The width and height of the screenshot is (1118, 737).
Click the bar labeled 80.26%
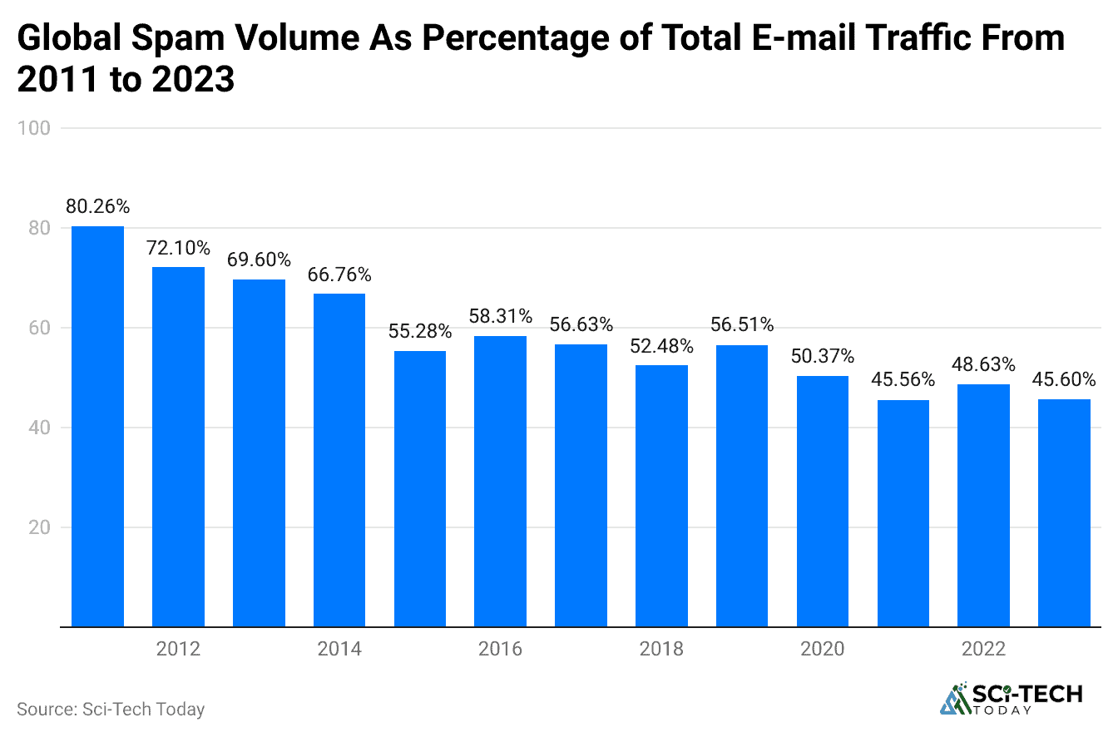(97, 426)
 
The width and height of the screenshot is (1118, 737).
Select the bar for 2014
(339, 459)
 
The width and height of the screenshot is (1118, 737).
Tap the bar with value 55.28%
(420, 488)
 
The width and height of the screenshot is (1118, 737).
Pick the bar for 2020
(823, 501)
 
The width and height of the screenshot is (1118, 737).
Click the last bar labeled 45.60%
(1064, 512)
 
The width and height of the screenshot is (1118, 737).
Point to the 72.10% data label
(178, 248)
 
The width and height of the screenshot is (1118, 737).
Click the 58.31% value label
(501, 317)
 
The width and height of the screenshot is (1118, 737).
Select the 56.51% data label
(742, 325)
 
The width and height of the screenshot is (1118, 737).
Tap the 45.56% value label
(903, 380)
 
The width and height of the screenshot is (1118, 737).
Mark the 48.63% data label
(984, 364)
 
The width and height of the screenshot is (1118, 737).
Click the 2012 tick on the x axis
(178, 649)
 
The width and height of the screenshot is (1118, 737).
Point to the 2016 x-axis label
(501, 649)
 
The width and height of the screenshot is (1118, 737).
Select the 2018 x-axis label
(661, 649)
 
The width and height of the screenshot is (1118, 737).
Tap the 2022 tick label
(983, 649)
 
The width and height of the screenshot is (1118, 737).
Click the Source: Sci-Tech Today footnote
(111, 710)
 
